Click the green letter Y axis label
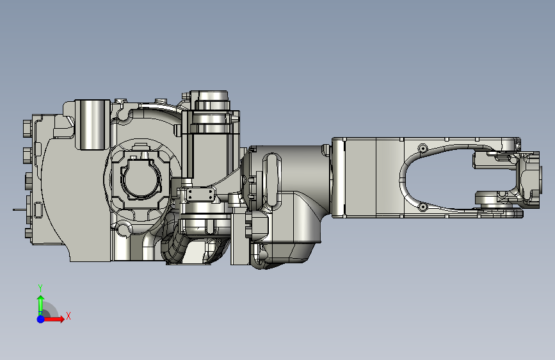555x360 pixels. (40, 288)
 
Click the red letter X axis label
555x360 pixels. (68, 316)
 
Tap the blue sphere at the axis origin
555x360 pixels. (41, 319)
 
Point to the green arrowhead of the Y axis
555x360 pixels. (41, 299)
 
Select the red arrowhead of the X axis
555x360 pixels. (61, 319)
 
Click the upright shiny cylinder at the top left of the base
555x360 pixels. (92, 124)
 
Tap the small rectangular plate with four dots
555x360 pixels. (200, 195)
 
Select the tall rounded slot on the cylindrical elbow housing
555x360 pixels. (271, 181)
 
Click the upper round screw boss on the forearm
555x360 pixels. (422, 148)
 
